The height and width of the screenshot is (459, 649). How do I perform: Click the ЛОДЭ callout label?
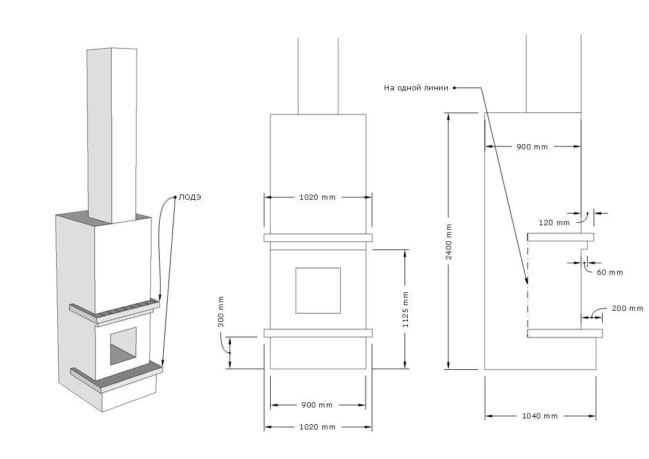click(x=190, y=197)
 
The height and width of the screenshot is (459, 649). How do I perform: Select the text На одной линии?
click(x=416, y=88)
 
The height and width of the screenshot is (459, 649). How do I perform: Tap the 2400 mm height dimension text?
click(x=449, y=241)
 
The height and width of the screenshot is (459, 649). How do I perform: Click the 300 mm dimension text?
click(x=221, y=311)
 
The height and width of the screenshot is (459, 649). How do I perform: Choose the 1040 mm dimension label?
click(x=540, y=416)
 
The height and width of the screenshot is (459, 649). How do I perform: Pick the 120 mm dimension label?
click(x=554, y=222)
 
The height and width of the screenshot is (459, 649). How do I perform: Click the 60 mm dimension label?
click(x=610, y=272)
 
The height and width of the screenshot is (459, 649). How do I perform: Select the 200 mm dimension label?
click(x=627, y=309)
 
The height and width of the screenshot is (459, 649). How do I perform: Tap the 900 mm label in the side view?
click(x=532, y=146)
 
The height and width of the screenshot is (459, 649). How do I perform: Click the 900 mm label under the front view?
click(x=318, y=405)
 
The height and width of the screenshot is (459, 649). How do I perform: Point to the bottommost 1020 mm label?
click(x=318, y=427)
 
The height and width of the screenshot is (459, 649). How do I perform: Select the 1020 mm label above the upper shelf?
click(x=318, y=197)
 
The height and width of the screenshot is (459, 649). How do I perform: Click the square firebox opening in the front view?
click(x=318, y=290)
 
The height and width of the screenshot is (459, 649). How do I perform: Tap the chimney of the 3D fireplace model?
click(x=112, y=133)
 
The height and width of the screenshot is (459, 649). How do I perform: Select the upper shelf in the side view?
click(x=560, y=237)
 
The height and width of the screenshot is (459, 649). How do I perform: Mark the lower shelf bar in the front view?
click(x=318, y=333)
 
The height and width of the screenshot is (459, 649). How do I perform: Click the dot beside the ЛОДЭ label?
click(x=175, y=197)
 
